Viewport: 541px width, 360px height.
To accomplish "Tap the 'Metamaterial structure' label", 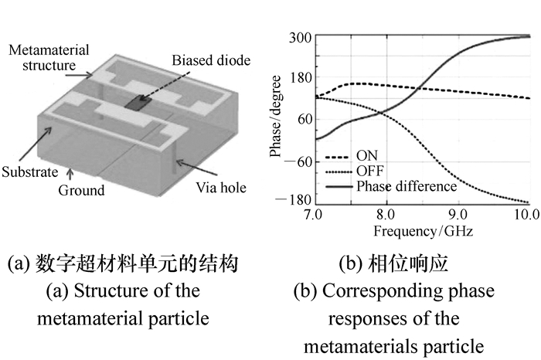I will pos(49,57).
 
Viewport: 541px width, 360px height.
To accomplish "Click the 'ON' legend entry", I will pos(366,155).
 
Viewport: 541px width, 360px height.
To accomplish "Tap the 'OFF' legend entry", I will pos(369,170).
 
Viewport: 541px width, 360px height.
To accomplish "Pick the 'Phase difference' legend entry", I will pos(407,185).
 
